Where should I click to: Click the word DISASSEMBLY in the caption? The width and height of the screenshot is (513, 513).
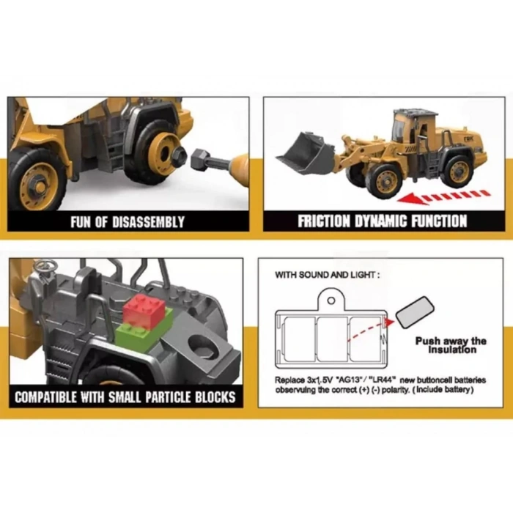148,222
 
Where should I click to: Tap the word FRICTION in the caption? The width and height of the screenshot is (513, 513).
324,221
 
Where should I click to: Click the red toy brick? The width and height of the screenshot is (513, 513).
144,311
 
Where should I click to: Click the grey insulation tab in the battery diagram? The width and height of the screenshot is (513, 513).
415,311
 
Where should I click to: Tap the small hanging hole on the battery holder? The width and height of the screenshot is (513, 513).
331,300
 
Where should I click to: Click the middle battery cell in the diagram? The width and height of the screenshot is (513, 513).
333,339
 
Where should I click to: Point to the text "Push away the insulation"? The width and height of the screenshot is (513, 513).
451,345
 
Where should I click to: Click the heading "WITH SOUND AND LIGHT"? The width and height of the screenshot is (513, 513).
328,275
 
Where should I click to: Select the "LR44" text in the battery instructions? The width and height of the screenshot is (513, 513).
383,380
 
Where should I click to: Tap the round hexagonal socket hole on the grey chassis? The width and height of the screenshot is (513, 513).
200,347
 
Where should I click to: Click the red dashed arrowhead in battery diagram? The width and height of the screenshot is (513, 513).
388,322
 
